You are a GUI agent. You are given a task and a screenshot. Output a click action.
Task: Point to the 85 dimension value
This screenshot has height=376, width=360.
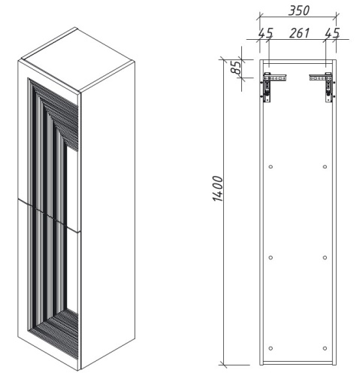(236, 68)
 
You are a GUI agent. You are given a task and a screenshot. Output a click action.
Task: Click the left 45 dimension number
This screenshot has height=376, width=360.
(265, 34)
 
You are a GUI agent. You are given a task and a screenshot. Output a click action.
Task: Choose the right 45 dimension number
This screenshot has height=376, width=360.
(331, 34)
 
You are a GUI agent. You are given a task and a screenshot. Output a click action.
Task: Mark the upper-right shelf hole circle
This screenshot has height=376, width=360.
(325, 165)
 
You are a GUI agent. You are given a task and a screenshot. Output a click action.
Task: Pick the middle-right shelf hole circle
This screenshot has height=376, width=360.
(325, 257)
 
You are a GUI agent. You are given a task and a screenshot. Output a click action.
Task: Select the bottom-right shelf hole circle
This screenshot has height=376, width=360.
(325, 347)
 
